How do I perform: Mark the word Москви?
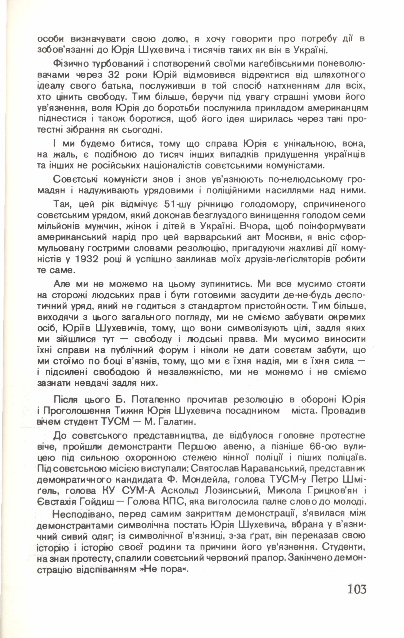[x=284, y=237]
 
